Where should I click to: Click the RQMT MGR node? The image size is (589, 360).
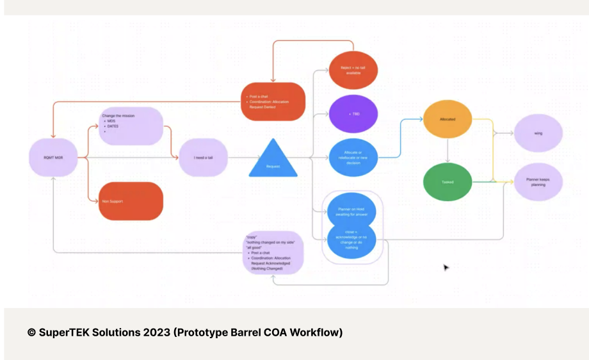(54, 157)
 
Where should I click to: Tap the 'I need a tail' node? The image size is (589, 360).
(203, 157)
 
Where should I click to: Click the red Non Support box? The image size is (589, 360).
(131, 201)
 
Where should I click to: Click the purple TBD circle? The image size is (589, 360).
(353, 113)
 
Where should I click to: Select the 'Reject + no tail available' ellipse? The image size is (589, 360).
(353, 70)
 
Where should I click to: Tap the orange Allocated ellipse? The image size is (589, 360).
(448, 119)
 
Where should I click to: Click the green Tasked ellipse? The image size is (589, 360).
(448, 182)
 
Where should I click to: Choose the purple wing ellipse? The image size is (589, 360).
(538, 134)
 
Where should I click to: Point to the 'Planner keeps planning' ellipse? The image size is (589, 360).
(538, 183)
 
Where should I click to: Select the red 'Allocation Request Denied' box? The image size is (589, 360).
(273, 101)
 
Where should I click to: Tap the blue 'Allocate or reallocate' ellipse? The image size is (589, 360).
(353, 157)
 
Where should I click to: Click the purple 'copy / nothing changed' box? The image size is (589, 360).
(273, 253)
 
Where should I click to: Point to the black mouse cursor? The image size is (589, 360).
(446, 267)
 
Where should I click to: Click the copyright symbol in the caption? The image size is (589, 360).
(31, 332)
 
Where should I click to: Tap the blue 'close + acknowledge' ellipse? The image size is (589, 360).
(352, 241)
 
